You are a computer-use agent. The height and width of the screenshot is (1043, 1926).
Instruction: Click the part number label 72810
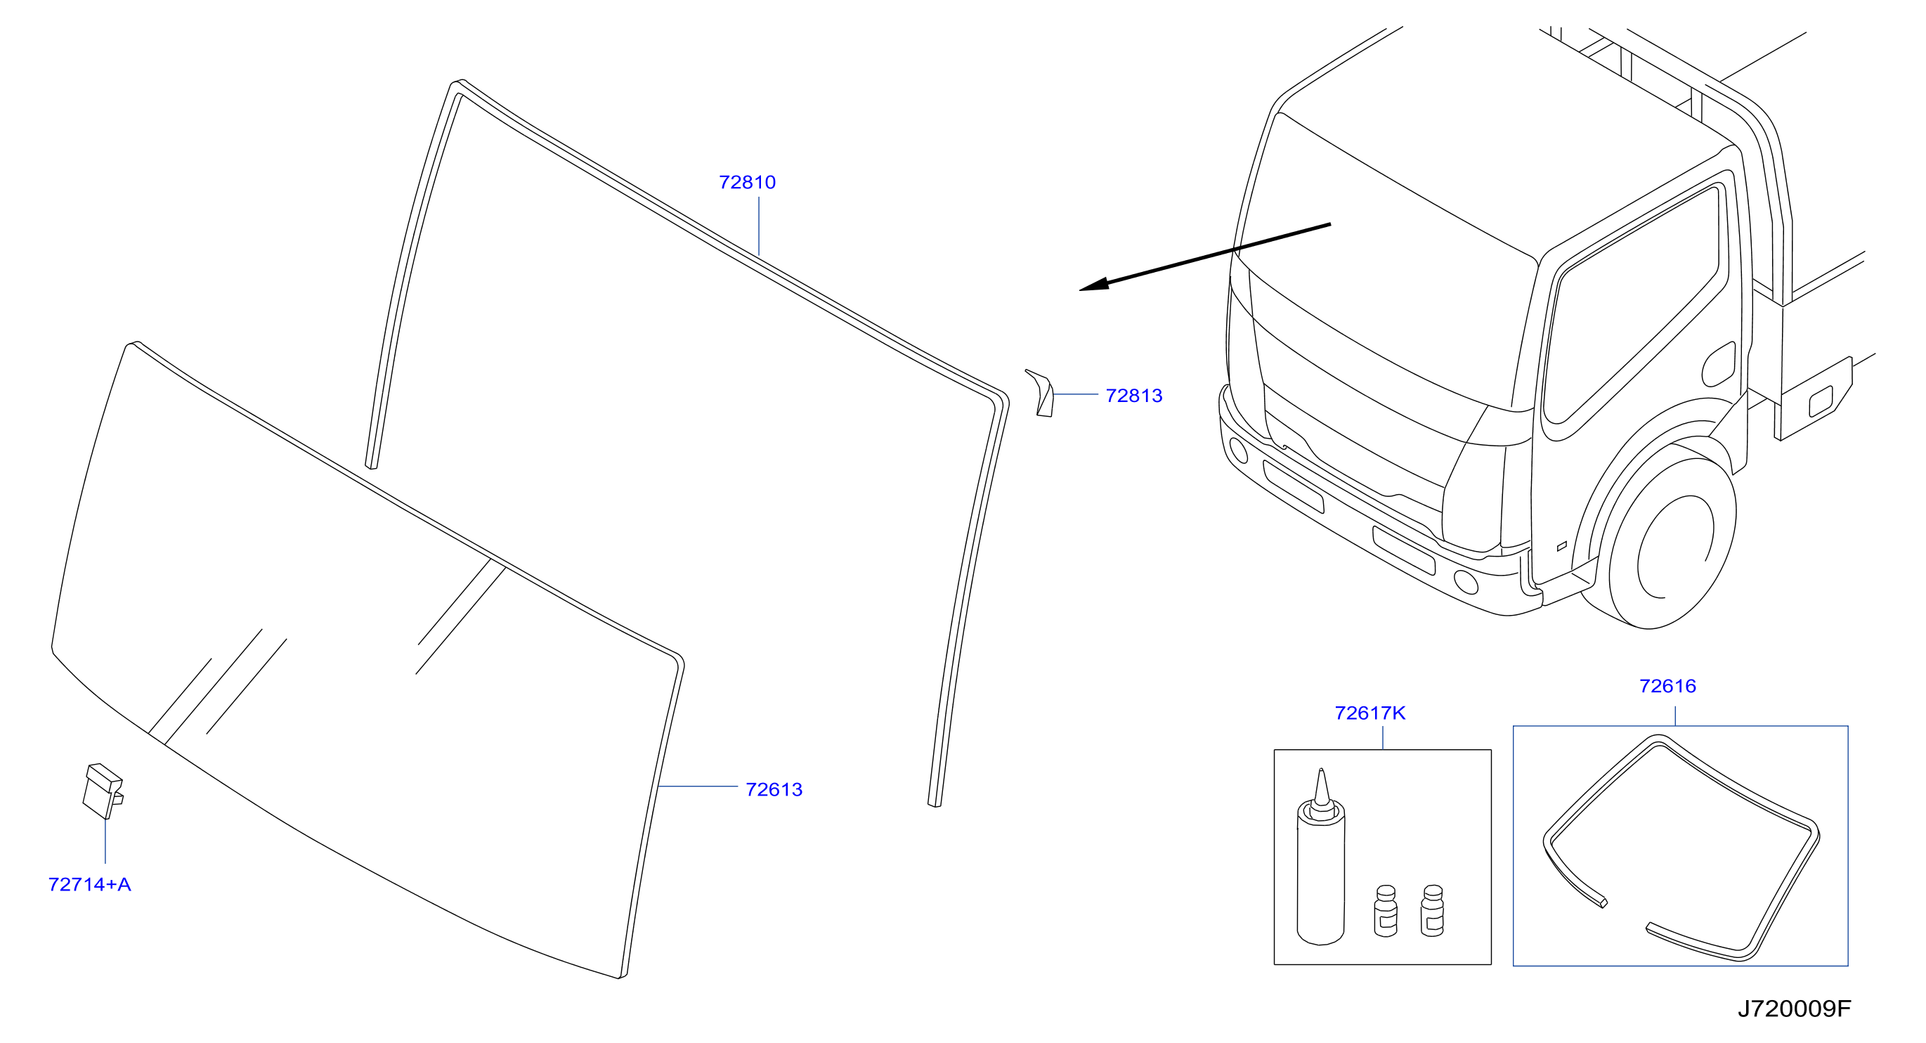747,183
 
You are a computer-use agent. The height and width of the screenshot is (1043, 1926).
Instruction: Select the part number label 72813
1133,396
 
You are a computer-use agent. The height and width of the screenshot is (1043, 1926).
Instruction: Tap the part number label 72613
774,789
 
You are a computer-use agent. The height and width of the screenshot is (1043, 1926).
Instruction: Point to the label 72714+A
90,884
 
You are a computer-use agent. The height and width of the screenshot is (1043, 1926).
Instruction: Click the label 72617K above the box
1369,713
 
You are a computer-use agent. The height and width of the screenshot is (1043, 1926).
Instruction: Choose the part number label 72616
1667,687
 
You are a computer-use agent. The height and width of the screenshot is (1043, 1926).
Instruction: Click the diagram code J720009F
1795,1009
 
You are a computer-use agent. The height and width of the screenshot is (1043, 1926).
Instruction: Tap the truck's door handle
1718,365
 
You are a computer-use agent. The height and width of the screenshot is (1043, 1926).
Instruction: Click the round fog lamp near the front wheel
1466,582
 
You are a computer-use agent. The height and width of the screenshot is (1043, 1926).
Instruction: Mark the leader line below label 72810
759,226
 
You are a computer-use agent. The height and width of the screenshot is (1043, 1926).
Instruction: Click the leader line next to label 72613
698,786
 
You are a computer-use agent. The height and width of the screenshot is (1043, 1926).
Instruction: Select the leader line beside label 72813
1075,394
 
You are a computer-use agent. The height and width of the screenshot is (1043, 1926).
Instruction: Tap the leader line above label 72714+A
105,841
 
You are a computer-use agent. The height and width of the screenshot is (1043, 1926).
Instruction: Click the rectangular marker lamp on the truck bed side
1821,401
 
